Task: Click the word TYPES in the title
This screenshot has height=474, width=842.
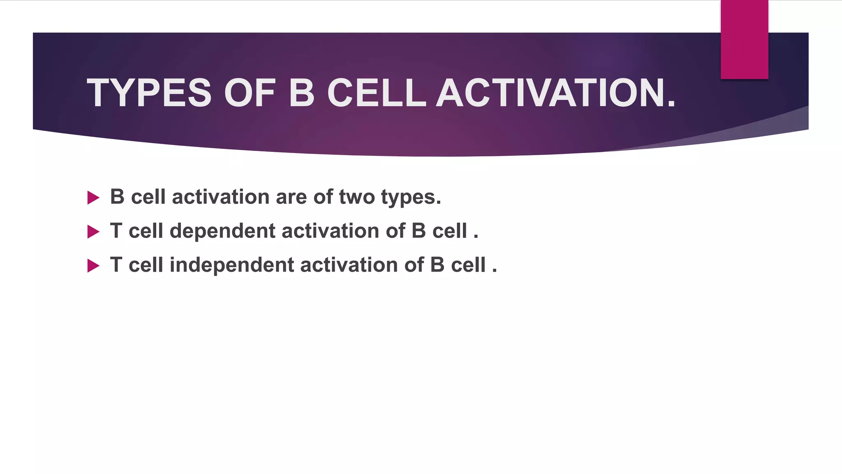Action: click(149, 93)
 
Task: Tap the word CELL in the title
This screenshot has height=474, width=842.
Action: click(376, 93)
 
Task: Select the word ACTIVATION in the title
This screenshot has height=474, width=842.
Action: click(555, 93)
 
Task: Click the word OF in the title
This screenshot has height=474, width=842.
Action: click(250, 93)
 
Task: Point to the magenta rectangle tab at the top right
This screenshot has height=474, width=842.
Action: click(744, 39)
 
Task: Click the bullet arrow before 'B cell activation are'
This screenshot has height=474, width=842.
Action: click(94, 198)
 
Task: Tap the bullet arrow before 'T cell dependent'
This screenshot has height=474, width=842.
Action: click(94, 232)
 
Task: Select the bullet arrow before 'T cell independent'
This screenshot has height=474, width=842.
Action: click(94, 266)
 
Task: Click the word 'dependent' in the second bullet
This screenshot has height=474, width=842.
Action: click(222, 231)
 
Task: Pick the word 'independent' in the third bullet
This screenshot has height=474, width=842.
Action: click(232, 265)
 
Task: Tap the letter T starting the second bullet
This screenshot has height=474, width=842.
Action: click(116, 230)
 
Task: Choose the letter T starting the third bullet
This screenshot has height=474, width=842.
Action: click(116, 265)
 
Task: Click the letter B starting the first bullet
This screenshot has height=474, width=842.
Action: click(117, 197)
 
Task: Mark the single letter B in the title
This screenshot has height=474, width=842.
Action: click(302, 93)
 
